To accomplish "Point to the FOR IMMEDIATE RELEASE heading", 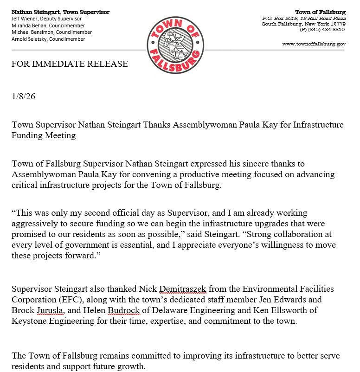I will tap(70, 64).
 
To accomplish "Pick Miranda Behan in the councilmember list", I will tap(30, 26).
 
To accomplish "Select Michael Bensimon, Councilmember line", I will tap(51, 32).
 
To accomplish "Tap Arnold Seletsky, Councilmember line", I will tap(48, 39).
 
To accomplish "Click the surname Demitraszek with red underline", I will tap(183, 289).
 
